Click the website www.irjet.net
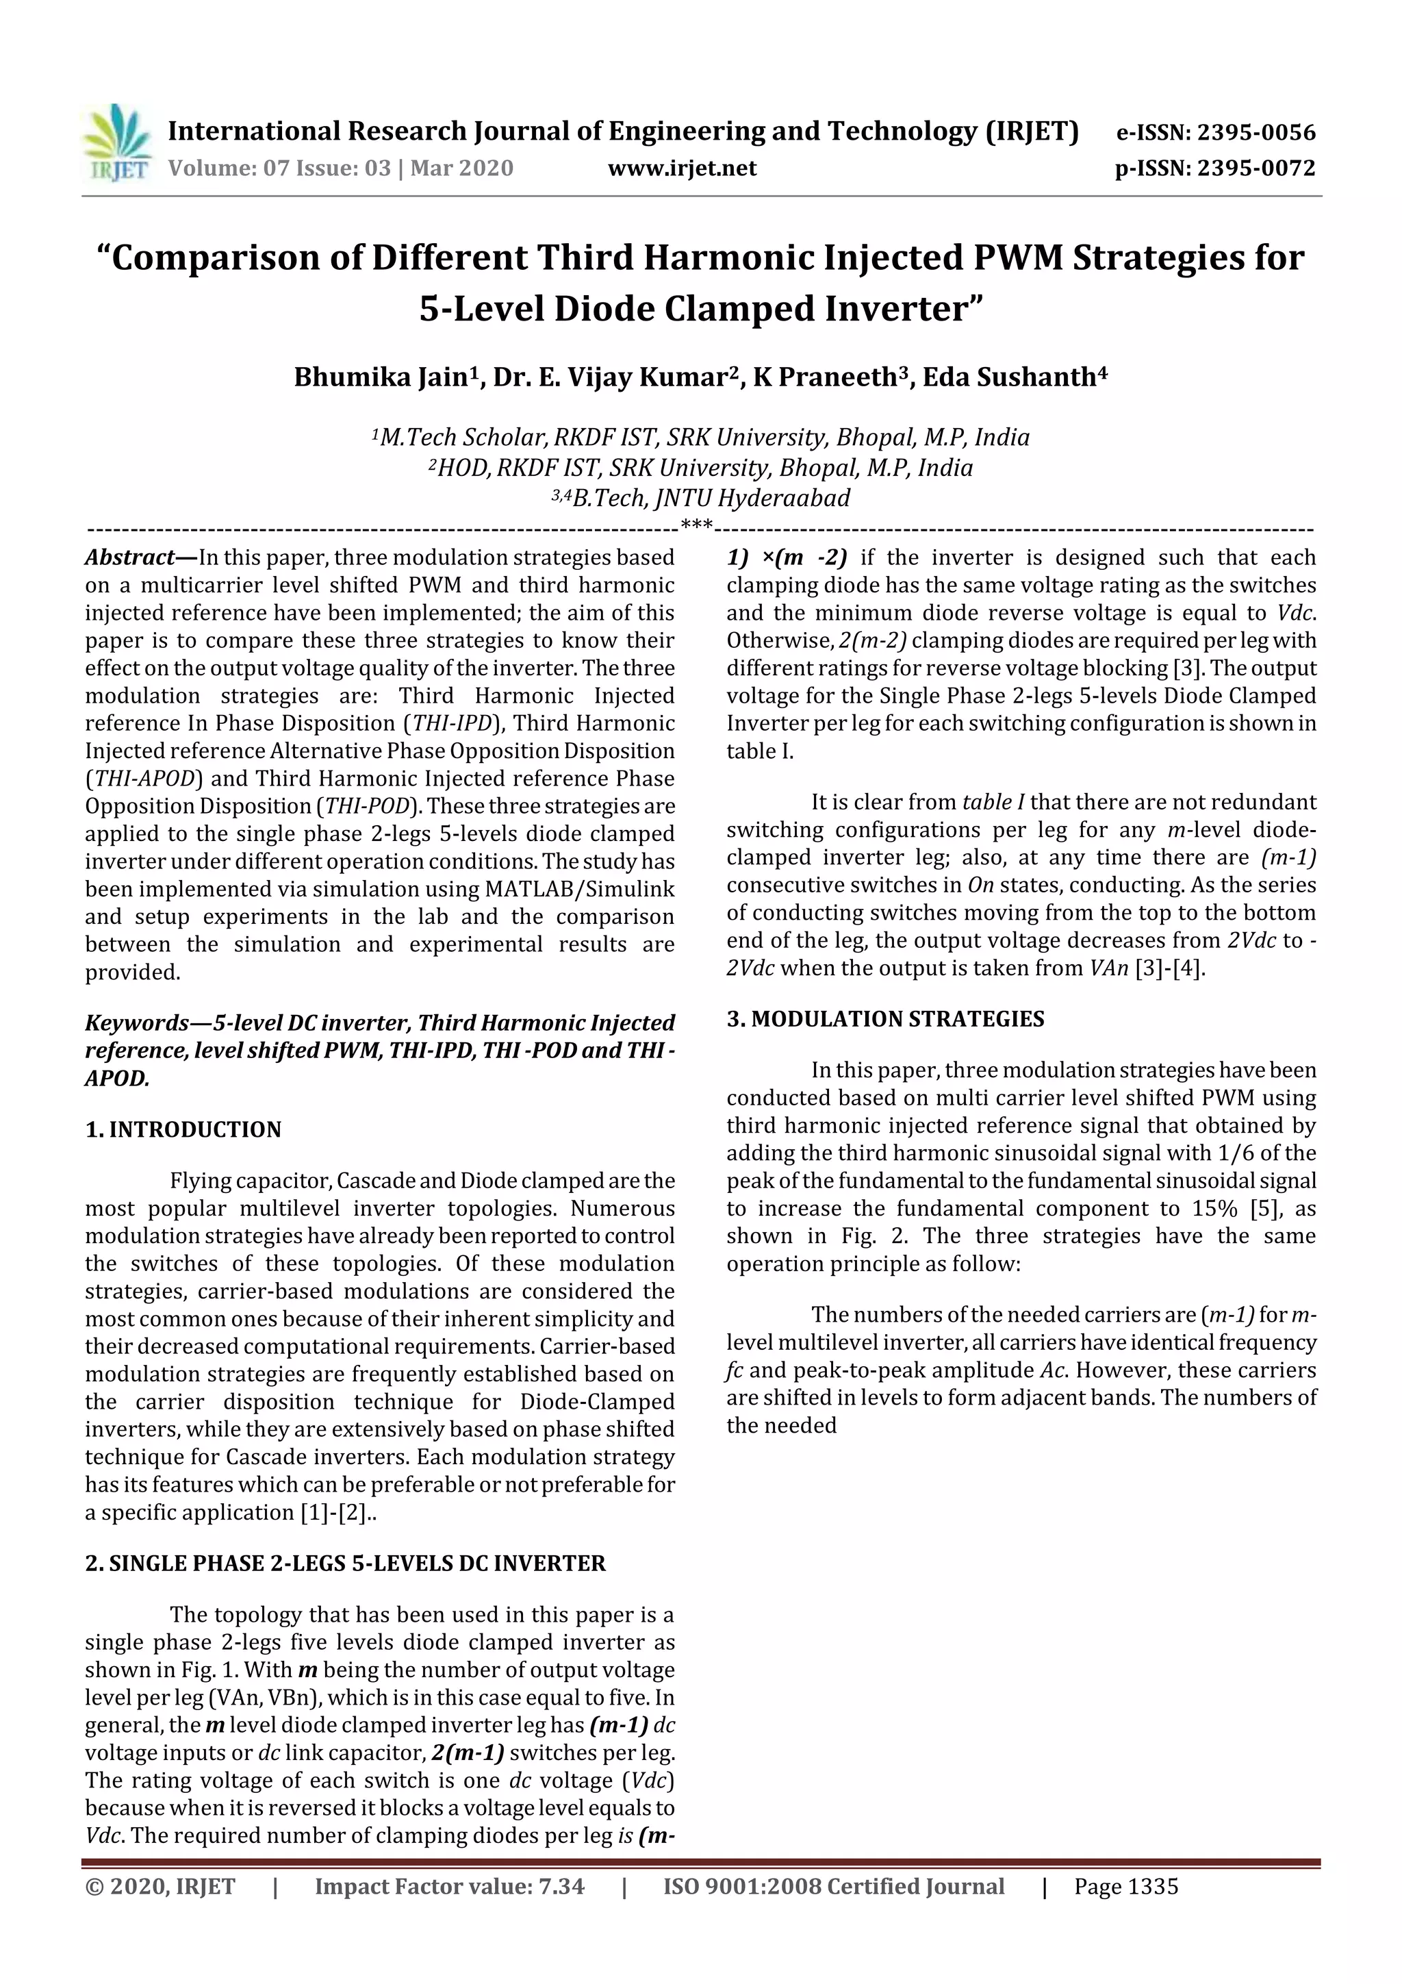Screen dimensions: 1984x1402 point(682,168)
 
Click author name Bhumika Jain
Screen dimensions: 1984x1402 point(380,377)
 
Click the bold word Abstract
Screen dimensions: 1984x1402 point(129,557)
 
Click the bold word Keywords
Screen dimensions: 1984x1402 point(136,1023)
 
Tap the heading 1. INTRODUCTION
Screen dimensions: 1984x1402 point(183,1129)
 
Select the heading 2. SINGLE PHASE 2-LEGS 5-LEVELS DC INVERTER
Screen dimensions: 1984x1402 point(346,1564)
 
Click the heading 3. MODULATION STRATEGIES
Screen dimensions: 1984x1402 point(884,1019)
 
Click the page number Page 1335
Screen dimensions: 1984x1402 point(1125,1886)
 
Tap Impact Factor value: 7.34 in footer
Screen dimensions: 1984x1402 point(449,1886)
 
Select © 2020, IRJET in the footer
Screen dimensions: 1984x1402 point(160,1886)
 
